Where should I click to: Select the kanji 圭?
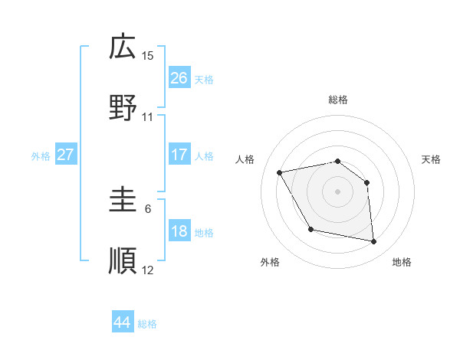pos(123,201)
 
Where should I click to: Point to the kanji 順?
pos(123,260)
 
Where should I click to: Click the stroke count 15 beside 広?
pos(148,56)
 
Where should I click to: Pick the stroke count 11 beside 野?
pos(148,117)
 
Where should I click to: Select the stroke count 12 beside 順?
pos(148,270)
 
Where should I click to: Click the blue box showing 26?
pos(179,78)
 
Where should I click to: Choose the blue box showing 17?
pos(179,155)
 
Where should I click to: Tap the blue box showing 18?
pos(179,231)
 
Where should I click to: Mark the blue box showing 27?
pos(65,155)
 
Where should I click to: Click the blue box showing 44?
pos(122,322)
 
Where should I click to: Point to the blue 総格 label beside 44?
pos(147,324)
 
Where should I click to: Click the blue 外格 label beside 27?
pos(41,156)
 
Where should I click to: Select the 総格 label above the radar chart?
pos(337,100)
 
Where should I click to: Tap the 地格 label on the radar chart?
pos(402,263)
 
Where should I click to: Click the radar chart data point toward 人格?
pos(280,172)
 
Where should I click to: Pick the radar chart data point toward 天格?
pos(367,182)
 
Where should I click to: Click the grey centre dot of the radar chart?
pos(337,191)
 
